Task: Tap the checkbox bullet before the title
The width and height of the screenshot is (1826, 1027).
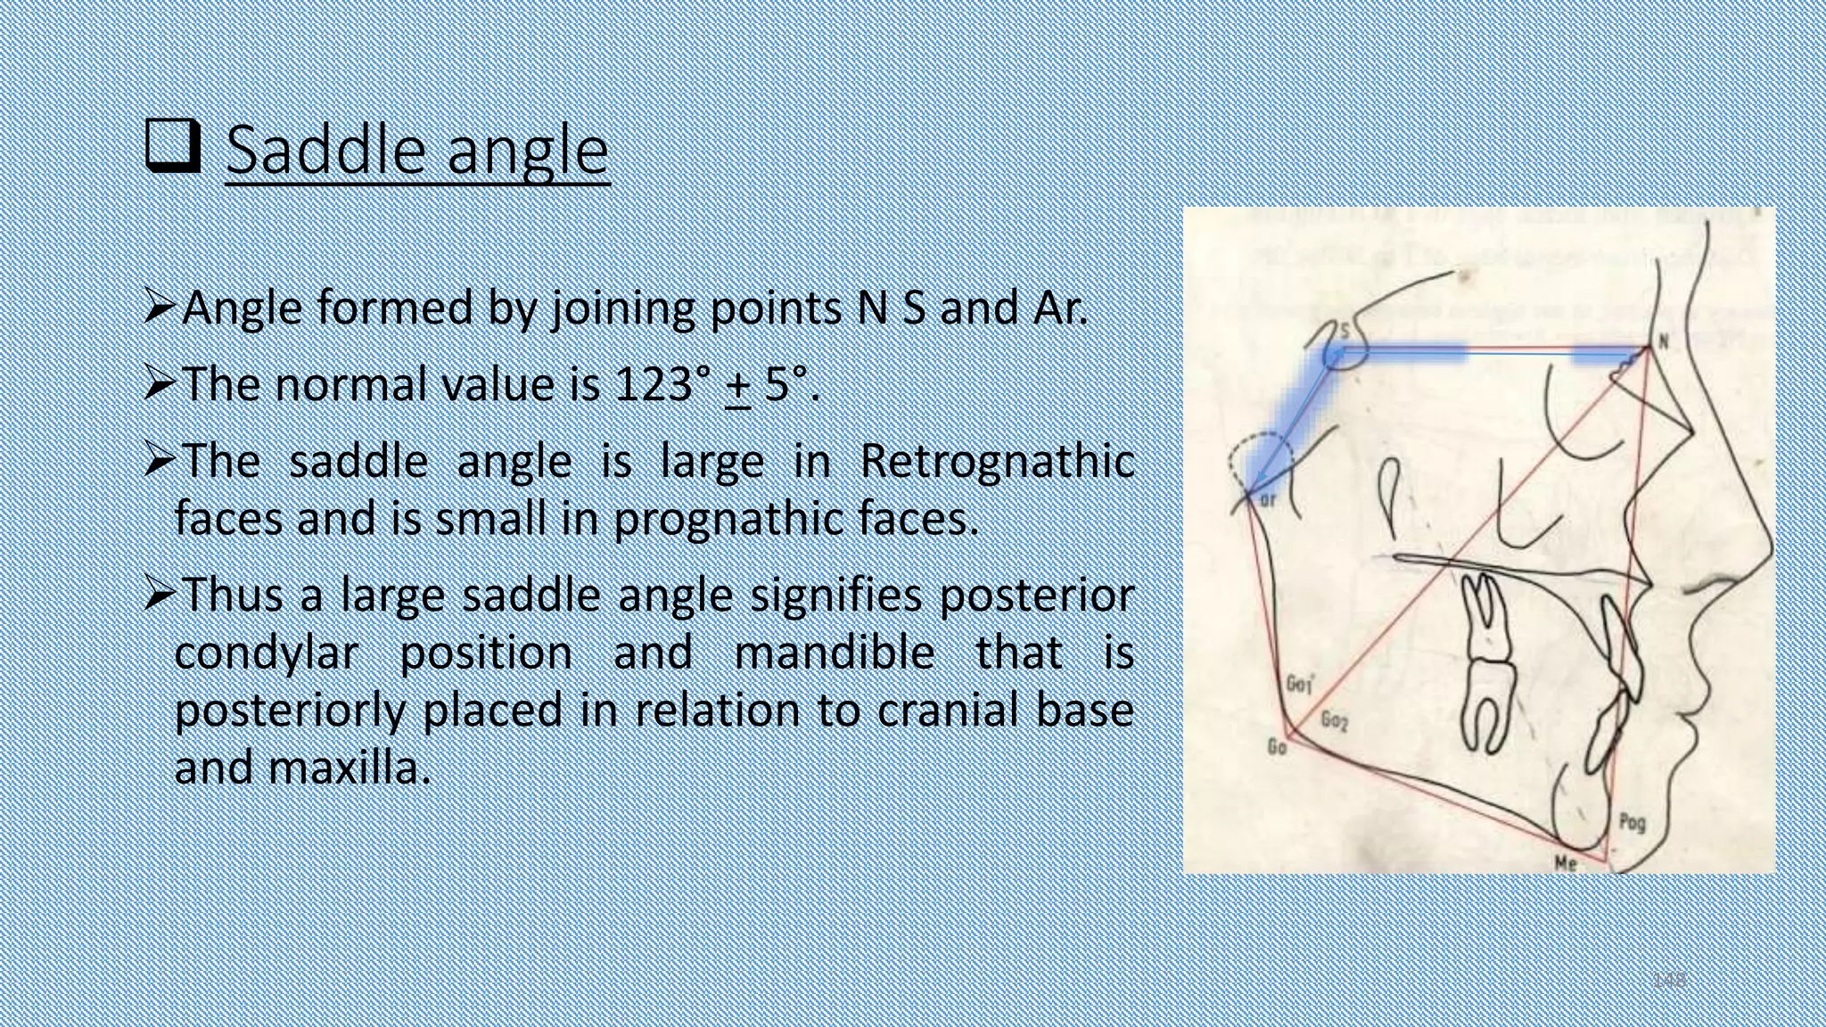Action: click(171, 148)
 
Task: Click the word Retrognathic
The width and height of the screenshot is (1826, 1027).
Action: click(997, 462)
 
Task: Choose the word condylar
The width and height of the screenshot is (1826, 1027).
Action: click(266, 653)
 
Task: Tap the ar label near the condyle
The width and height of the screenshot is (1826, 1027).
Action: click(1268, 501)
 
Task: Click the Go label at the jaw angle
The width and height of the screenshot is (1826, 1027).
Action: click(1277, 747)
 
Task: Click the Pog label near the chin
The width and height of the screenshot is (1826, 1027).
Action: click(1632, 821)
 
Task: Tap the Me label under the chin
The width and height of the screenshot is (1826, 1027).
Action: click(1565, 863)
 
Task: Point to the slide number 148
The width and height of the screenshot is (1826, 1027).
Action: click(1668, 980)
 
